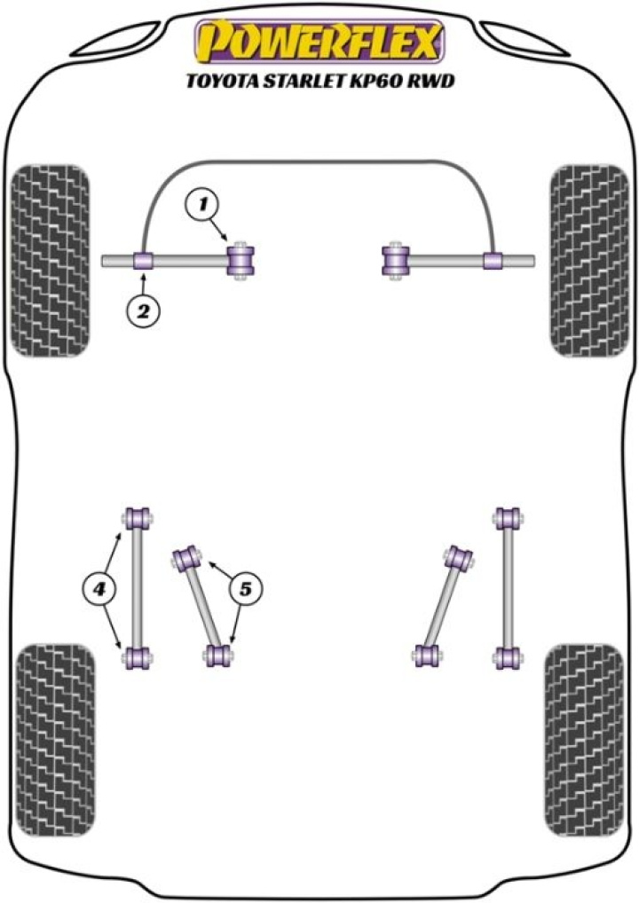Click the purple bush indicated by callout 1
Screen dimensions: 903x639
[x=241, y=260]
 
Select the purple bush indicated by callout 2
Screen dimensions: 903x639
[x=144, y=261]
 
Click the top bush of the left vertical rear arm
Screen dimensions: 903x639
[x=137, y=517]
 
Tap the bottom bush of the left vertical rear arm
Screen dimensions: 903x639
[x=137, y=658]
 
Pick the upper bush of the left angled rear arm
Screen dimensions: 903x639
[x=187, y=558]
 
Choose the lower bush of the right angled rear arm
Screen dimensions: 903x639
[x=427, y=656]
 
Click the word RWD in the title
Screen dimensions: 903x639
[x=434, y=83]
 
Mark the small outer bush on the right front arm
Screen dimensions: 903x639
[x=494, y=261]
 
